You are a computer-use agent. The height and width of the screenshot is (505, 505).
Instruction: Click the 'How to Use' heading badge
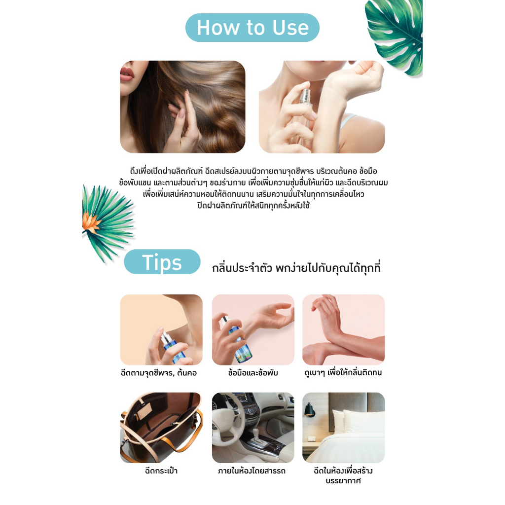point(252,28)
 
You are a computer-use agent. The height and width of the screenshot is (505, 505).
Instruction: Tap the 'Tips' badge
point(162,262)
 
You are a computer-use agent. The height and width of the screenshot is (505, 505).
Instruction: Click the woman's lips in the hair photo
point(127,74)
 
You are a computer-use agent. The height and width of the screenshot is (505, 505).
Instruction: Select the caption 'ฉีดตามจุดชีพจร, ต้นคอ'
point(158,373)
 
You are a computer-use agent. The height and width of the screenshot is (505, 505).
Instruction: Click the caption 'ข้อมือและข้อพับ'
point(253,373)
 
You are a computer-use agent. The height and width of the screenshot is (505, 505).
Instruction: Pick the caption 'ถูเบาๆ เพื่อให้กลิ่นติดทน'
point(343,373)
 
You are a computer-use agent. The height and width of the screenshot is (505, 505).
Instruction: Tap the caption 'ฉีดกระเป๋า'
point(161,470)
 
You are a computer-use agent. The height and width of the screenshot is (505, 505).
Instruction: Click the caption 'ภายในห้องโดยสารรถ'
point(252,471)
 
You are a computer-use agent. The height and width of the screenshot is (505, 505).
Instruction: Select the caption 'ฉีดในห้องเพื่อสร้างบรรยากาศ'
point(343,476)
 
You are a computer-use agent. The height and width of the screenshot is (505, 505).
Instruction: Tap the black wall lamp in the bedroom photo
point(310,410)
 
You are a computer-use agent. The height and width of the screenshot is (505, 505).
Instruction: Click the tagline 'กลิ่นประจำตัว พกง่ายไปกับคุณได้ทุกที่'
point(296,268)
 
